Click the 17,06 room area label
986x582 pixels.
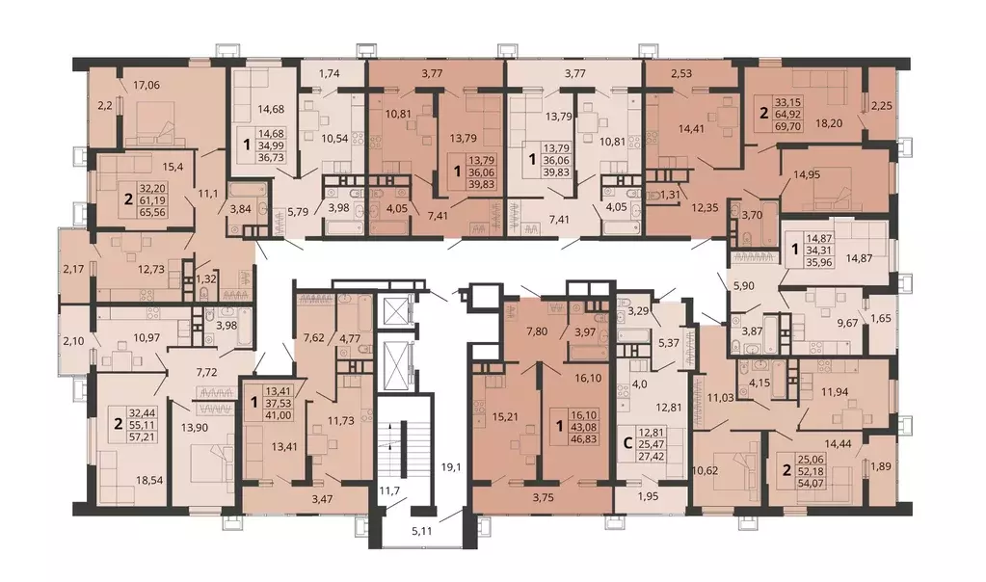tap(146, 85)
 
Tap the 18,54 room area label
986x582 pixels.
tap(149, 480)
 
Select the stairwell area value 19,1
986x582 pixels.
tap(450, 467)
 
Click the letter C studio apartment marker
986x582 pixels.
tap(626, 442)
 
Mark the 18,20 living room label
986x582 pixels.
tap(829, 123)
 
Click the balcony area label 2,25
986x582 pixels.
tap(882, 106)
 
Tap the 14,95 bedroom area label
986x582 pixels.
tap(806, 174)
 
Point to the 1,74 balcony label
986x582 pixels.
tap(330, 73)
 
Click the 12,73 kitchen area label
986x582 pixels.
tap(151, 269)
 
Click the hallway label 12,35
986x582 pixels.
tap(704, 207)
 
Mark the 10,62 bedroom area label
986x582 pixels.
tap(705, 470)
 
